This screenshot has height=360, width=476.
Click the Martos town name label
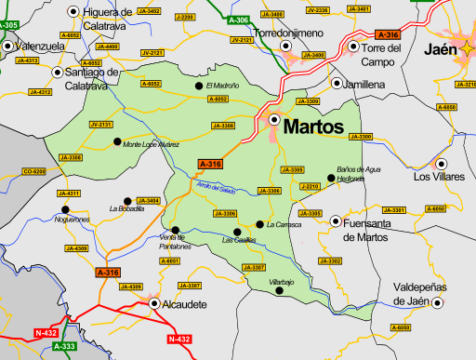click(313, 126)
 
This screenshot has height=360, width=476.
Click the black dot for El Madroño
click(198, 86)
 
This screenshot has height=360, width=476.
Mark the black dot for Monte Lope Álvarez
click(117, 141)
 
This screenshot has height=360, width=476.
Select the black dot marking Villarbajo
click(279, 291)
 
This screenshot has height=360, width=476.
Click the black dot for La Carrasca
click(259, 224)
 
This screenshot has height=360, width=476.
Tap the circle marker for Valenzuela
click(9, 45)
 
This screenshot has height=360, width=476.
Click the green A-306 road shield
click(239, 20)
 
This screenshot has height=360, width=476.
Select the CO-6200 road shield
click(33, 172)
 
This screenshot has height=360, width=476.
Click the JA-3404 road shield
click(149, 200)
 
